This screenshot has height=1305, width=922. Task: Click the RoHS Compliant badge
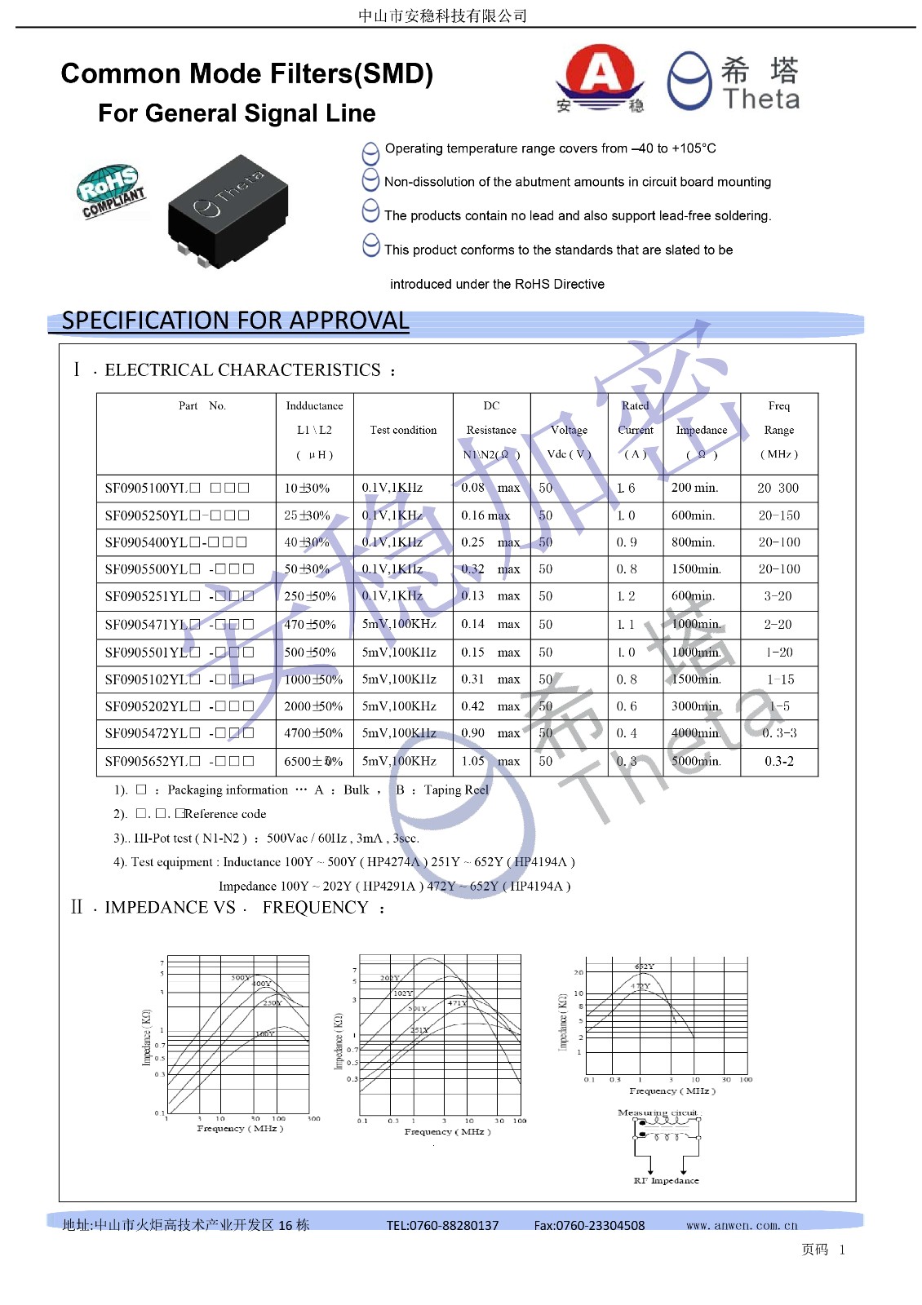(111, 191)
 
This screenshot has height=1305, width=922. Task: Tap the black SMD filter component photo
(228, 211)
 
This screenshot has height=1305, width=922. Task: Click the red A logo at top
(601, 76)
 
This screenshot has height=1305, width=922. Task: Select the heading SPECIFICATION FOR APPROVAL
(235, 321)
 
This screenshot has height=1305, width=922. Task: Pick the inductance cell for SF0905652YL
(313, 761)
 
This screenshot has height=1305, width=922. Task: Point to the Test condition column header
(403, 430)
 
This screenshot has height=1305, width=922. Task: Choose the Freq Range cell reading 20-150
(778, 515)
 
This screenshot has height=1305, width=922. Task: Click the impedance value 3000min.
(696, 706)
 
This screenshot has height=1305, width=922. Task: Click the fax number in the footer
(589, 1225)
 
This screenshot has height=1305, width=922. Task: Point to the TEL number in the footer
(442, 1225)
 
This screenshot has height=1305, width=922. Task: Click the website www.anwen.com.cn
(742, 1225)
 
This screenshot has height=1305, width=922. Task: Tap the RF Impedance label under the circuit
(666, 1180)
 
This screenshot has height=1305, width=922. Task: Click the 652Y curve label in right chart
(644, 967)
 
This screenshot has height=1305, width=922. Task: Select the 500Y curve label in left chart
(241, 977)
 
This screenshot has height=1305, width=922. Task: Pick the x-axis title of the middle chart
(447, 1131)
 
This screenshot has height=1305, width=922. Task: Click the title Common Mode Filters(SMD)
(246, 74)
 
